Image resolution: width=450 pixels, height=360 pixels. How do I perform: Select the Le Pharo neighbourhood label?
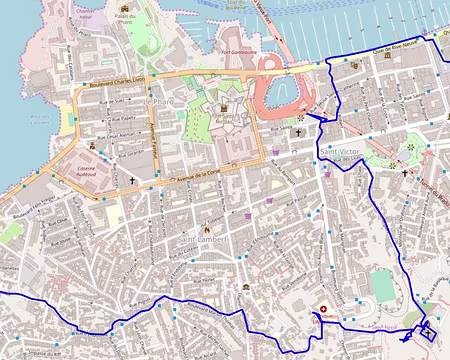click(160, 102)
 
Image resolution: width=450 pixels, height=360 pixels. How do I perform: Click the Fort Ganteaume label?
click(240, 53)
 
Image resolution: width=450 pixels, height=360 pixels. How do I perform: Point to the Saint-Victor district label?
click(340, 151)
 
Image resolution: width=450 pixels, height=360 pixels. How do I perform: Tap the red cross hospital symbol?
click(323, 308)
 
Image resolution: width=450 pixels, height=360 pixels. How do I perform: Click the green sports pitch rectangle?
click(382, 285)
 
